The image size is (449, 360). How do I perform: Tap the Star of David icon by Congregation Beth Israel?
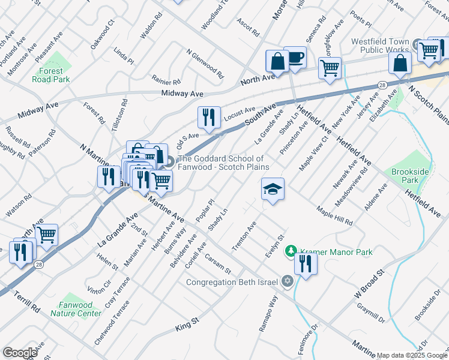pos(287,281)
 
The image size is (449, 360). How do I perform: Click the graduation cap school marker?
pos(273,190)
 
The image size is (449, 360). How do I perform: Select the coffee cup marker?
pos(295,58)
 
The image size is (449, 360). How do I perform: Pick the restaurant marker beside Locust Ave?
pos(209,116)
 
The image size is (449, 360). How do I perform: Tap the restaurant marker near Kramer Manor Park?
pos(306,263)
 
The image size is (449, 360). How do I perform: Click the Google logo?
pos(20,353)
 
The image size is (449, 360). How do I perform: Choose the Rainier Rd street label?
pos(166,82)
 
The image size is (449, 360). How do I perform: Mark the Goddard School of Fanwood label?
pos(223,163)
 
